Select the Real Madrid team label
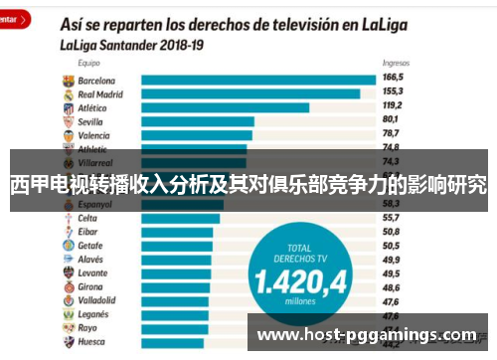[x=99, y=93]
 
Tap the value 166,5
[x=395, y=78]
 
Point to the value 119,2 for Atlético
[x=395, y=104]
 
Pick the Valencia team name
[x=95, y=134]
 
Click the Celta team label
[x=88, y=217]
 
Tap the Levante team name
[x=93, y=271]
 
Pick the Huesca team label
[x=92, y=340]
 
